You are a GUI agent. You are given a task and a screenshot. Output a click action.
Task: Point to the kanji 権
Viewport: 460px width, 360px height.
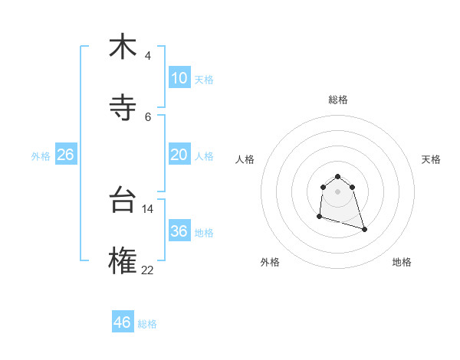[123, 260]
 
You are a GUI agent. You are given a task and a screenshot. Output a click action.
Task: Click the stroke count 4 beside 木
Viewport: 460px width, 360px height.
[147, 56]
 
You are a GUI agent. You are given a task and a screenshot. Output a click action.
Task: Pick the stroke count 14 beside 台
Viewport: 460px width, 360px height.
[148, 208]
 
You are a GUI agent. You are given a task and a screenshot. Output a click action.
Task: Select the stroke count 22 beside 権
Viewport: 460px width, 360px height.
[148, 270]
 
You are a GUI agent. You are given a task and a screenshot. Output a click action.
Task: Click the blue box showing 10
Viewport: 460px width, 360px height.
[179, 78]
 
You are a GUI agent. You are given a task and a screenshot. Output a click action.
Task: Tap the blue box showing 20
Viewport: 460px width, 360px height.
[179, 155]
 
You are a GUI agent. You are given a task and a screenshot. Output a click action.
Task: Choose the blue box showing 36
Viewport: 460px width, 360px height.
[179, 231]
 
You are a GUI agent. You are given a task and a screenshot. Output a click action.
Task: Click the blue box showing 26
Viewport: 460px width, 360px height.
[65, 155]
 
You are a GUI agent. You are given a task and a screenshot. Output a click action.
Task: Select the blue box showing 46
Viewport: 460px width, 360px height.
[122, 322]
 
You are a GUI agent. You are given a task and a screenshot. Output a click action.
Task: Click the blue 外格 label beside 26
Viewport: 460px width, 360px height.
[41, 156]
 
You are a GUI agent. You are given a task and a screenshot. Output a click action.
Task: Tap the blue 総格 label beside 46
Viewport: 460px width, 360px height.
[147, 324]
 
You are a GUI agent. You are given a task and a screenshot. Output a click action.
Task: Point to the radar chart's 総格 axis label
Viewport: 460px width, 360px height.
[338, 100]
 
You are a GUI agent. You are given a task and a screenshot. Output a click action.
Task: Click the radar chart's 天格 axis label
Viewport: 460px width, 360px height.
[432, 159]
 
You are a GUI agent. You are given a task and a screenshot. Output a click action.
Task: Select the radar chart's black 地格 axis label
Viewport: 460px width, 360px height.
[402, 262]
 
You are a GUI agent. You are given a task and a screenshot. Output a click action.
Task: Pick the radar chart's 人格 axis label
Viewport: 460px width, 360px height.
[245, 159]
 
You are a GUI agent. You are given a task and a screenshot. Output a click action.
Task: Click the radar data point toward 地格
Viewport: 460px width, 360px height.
[364, 229]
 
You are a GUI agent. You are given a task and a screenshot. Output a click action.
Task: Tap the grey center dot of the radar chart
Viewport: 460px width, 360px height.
[338, 191]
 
